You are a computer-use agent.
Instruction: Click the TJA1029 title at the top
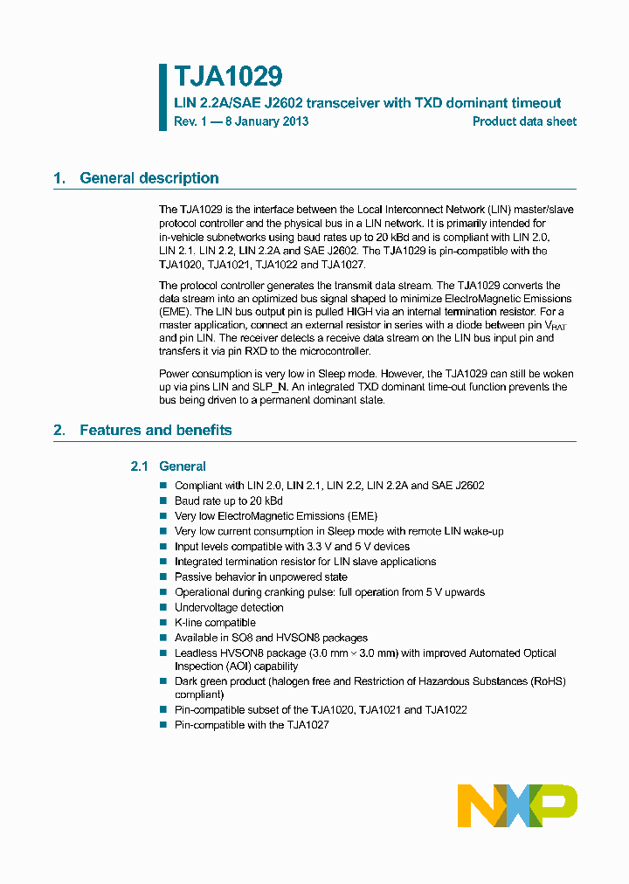coord(228,77)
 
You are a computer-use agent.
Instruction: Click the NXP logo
coord(517,805)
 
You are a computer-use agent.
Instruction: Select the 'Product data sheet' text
coord(524,121)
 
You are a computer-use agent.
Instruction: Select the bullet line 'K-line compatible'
coord(215,623)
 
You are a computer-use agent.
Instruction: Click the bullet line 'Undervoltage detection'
coord(229,607)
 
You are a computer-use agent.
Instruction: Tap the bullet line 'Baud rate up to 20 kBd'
coord(228,501)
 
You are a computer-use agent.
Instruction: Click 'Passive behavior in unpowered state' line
coord(260,577)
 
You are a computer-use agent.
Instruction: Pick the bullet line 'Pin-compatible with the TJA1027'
coord(252,725)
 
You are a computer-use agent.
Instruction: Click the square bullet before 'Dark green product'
coord(162,680)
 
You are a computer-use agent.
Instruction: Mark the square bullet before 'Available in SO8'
coord(162,638)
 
